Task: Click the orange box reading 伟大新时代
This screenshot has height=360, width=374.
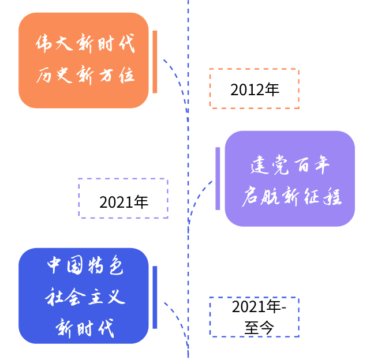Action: [84, 60]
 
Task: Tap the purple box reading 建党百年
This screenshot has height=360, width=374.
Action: [289, 178]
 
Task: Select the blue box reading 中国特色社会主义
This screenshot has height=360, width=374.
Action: [84, 295]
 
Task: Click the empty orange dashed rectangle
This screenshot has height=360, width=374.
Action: [254, 88]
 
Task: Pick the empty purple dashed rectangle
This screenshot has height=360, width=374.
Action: [123, 198]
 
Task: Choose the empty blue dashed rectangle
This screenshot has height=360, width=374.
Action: [254, 317]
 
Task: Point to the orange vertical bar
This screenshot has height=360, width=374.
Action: [155, 62]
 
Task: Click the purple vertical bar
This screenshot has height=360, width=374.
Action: [218, 178]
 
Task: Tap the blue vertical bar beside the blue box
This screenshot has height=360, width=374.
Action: [155, 297]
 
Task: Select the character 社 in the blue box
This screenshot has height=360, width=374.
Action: [54, 298]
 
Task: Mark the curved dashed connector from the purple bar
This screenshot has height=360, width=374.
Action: [197, 196]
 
